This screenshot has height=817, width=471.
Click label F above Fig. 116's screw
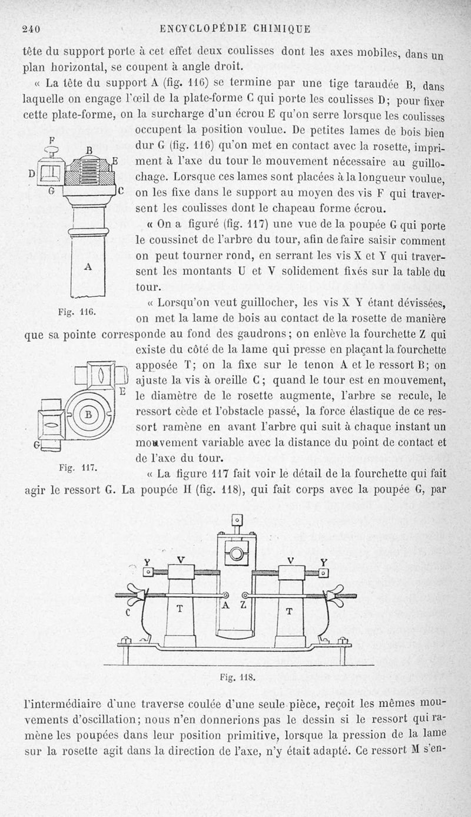[51, 140]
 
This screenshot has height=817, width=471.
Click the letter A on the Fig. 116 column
[88, 266]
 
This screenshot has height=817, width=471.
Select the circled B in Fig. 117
[89, 413]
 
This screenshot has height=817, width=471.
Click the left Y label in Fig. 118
[148, 561]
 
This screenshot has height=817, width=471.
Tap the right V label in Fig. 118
[291, 560]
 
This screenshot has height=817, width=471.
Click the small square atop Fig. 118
[237, 520]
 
